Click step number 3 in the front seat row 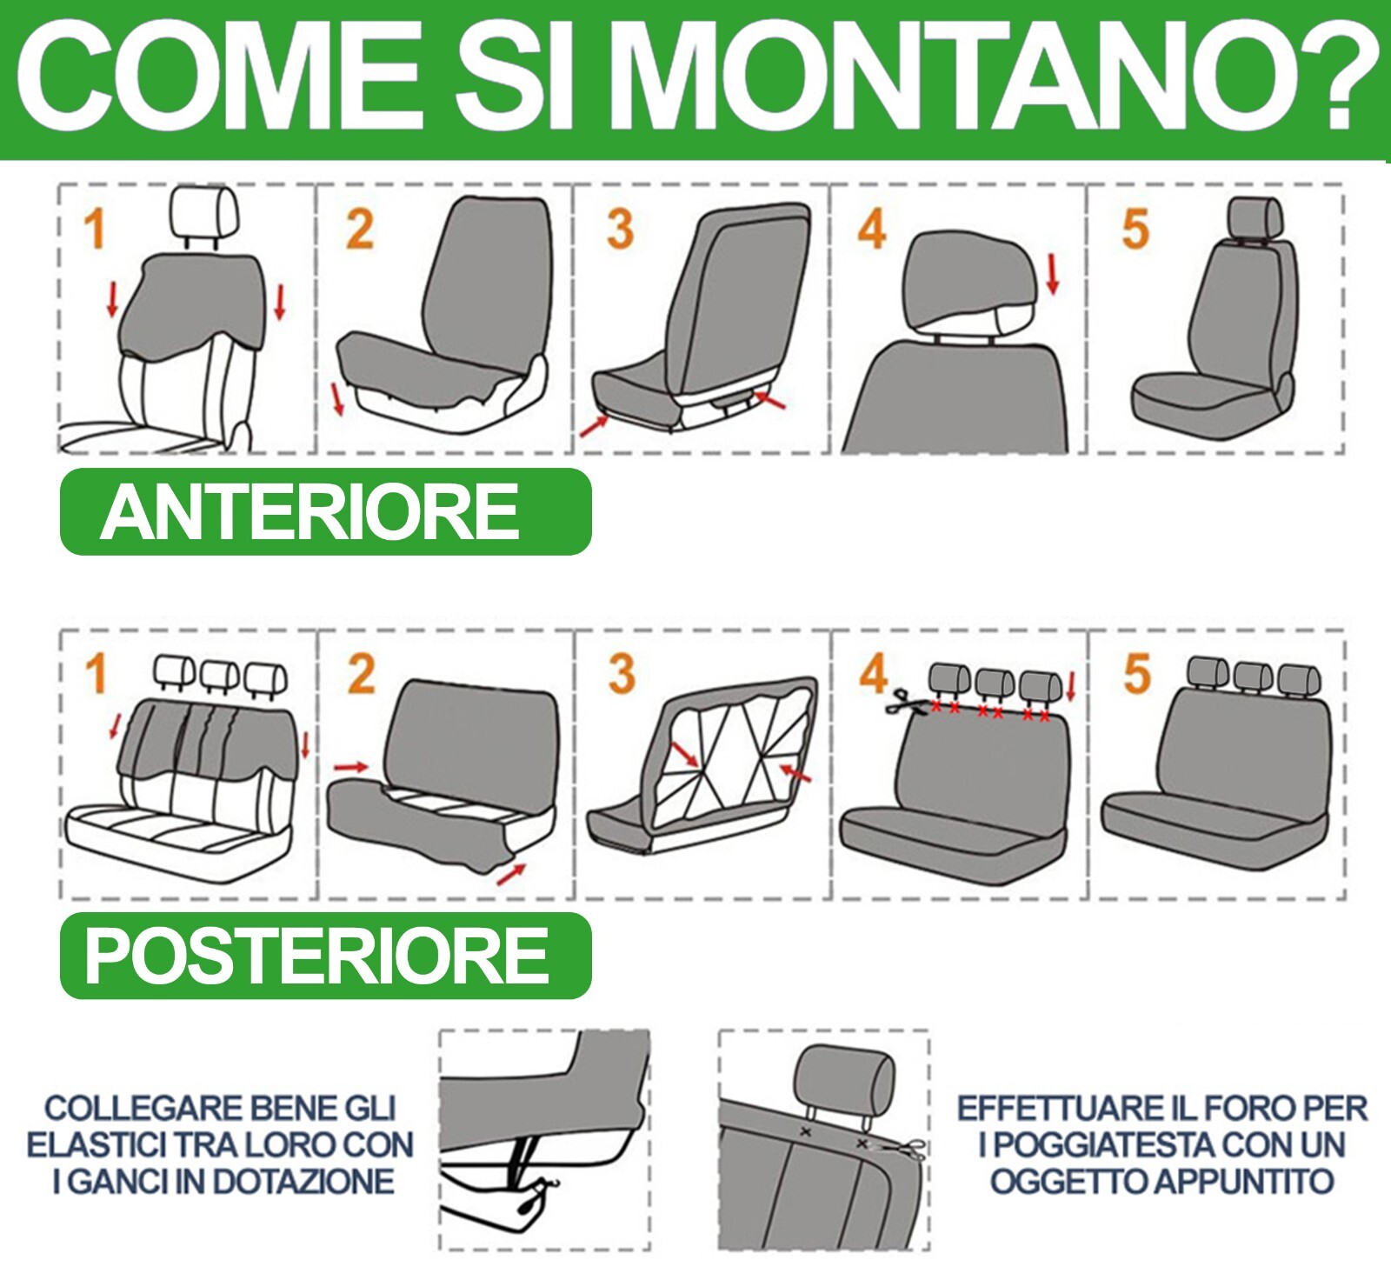pos(620,230)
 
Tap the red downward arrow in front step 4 pos(1054,274)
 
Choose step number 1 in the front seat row pos(95,230)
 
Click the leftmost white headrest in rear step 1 pos(174,670)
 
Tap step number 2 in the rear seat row pos(361,675)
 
